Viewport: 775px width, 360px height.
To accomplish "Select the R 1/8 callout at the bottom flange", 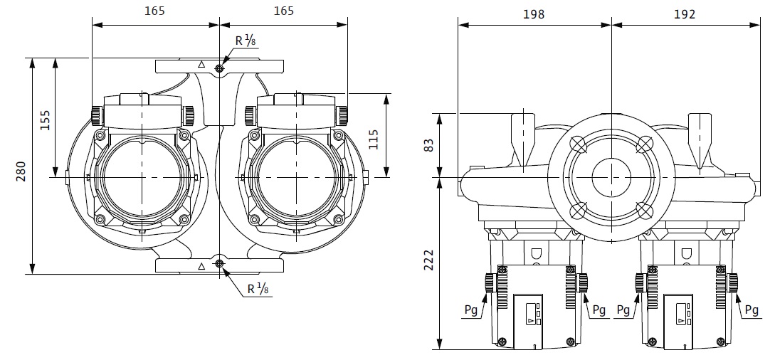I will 258,289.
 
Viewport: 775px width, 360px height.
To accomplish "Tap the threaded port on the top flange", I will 219,68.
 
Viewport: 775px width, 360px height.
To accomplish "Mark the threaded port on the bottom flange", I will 219,265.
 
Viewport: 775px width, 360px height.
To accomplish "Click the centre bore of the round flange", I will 611,174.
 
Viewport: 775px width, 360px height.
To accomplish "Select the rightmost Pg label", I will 752,309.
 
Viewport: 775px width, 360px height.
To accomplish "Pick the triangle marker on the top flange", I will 201,65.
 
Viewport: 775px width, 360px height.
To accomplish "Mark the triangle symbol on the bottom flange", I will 201,266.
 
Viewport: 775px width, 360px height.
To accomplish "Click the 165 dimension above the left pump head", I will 154,11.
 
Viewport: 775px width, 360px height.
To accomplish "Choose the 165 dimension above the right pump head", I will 283,11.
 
